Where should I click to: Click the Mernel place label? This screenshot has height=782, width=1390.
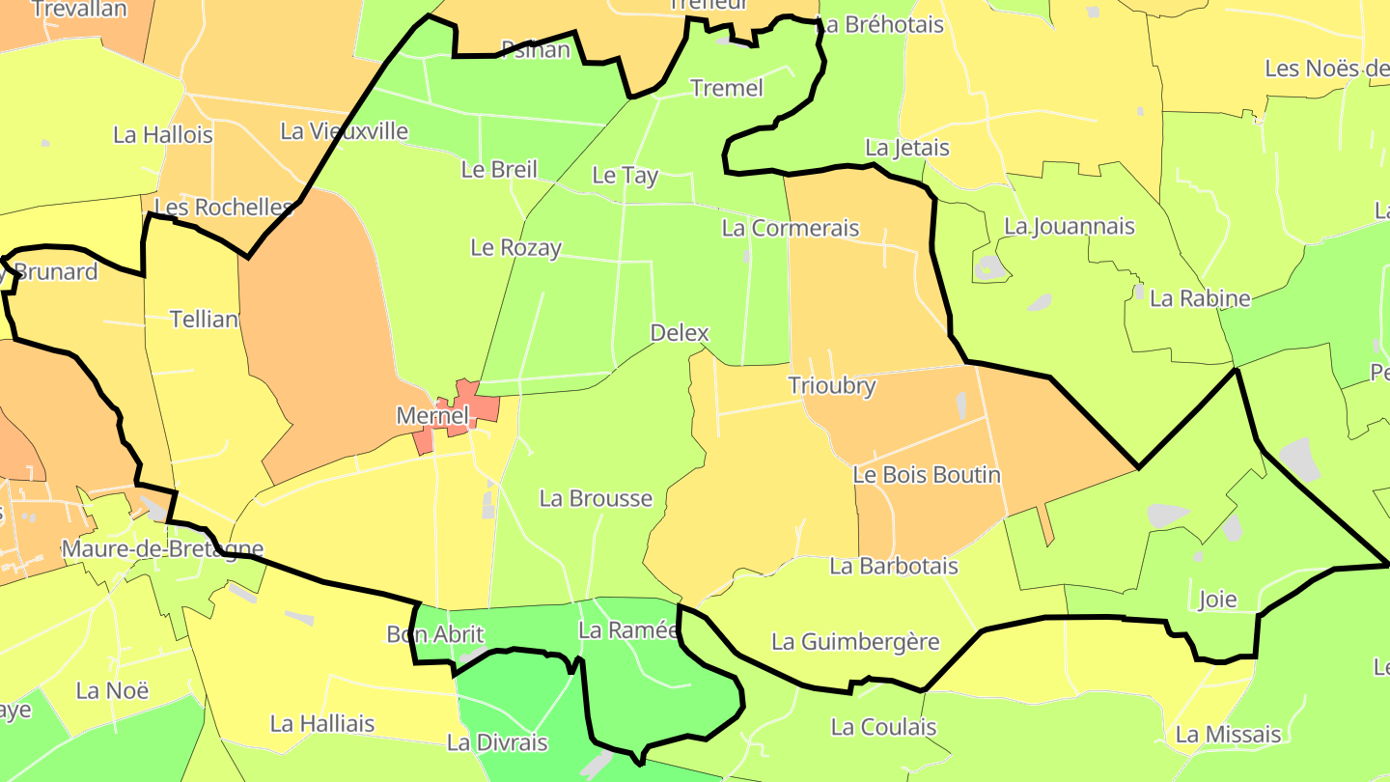[431, 416]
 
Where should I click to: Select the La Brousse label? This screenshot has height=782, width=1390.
[596, 499]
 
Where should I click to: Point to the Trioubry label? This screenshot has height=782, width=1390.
[831, 386]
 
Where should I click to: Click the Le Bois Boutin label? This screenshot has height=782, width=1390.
[927, 475]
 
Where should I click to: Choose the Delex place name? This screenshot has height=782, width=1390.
[680, 333]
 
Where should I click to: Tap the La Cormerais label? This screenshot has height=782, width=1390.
[790, 229]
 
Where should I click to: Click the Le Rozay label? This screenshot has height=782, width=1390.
[515, 248]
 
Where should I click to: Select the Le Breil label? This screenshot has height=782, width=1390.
[498, 170]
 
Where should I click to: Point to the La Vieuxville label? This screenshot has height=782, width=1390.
[344, 131]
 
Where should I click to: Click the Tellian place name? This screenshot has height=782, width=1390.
[204, 320]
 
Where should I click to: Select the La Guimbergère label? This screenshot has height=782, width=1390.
[855, 642]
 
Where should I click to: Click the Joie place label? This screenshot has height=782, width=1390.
[1216, 600]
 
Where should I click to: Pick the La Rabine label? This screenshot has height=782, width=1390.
[1200, 298]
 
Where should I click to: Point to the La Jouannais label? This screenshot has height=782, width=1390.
[1069, 227]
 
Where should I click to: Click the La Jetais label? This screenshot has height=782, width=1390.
[906, 149]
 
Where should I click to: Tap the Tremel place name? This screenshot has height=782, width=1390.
[727, 89]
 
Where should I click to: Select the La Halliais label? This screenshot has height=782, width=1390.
[322, 723]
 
